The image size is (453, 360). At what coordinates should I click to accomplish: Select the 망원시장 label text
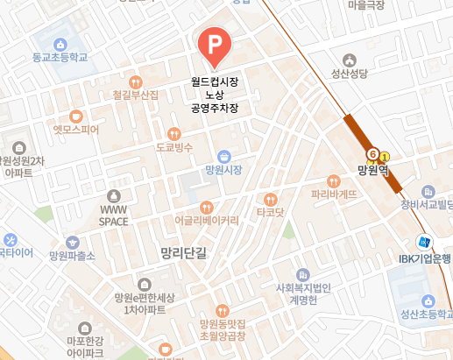click(223, 168)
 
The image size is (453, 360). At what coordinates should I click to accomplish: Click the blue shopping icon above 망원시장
click(223, 154)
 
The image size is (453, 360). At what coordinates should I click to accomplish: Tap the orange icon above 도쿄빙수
click(175, 134)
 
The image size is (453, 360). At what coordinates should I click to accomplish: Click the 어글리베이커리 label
click(206, 220)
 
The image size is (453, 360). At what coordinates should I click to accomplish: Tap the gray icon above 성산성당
click(350, 60)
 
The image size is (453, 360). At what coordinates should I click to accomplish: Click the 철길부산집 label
click(136, 94)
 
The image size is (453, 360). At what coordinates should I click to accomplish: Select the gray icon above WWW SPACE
click(113, 196)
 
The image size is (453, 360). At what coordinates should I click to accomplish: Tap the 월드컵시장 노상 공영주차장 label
click(215, 95)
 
